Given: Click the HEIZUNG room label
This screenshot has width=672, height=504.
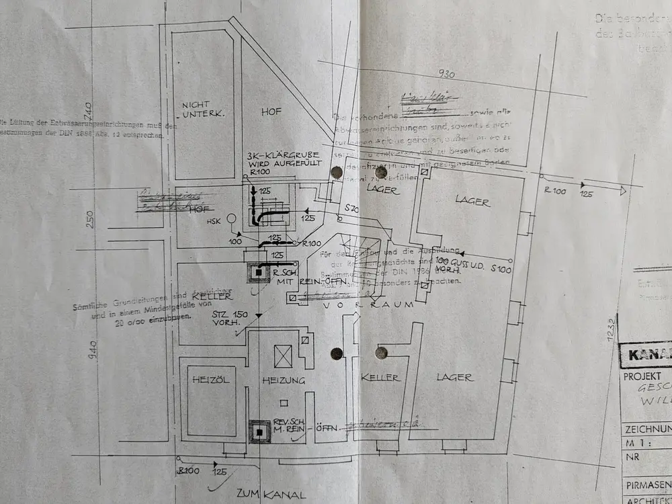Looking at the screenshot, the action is click(284, 380).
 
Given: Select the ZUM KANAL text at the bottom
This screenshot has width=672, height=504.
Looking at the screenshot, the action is click(267, 494).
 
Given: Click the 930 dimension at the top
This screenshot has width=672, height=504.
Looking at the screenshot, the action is click(447, 74).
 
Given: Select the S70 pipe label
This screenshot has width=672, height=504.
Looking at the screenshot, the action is click(351, 210).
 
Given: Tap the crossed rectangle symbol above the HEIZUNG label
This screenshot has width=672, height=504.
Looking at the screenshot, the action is click(283, 355).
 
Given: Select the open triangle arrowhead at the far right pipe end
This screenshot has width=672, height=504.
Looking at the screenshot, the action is click(622, 191).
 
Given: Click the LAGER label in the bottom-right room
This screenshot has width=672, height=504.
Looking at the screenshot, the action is click(454, 378).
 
